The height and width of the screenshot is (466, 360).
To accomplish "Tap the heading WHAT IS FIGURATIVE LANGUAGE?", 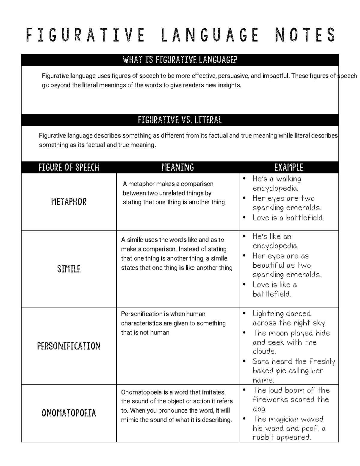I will click(180, 60).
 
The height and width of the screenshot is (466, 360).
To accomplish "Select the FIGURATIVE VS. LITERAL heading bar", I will click(180, 120).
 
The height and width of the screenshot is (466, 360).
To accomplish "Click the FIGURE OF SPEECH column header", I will click(69, 167).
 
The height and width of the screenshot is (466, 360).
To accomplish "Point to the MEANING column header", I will click(178, 167).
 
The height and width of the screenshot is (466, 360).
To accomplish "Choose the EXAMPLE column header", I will click(289, 167).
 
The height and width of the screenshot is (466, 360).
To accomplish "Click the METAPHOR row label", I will click(69, 202).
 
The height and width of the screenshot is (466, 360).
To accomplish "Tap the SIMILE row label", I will click(69, 269).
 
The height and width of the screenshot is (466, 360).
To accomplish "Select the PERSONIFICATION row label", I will click(69, 346).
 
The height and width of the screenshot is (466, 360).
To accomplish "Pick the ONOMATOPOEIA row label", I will click(69, 413).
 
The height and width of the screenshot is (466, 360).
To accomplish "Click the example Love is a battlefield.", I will click(288, 218).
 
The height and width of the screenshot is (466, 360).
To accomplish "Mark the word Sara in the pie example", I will click(260, 362).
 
